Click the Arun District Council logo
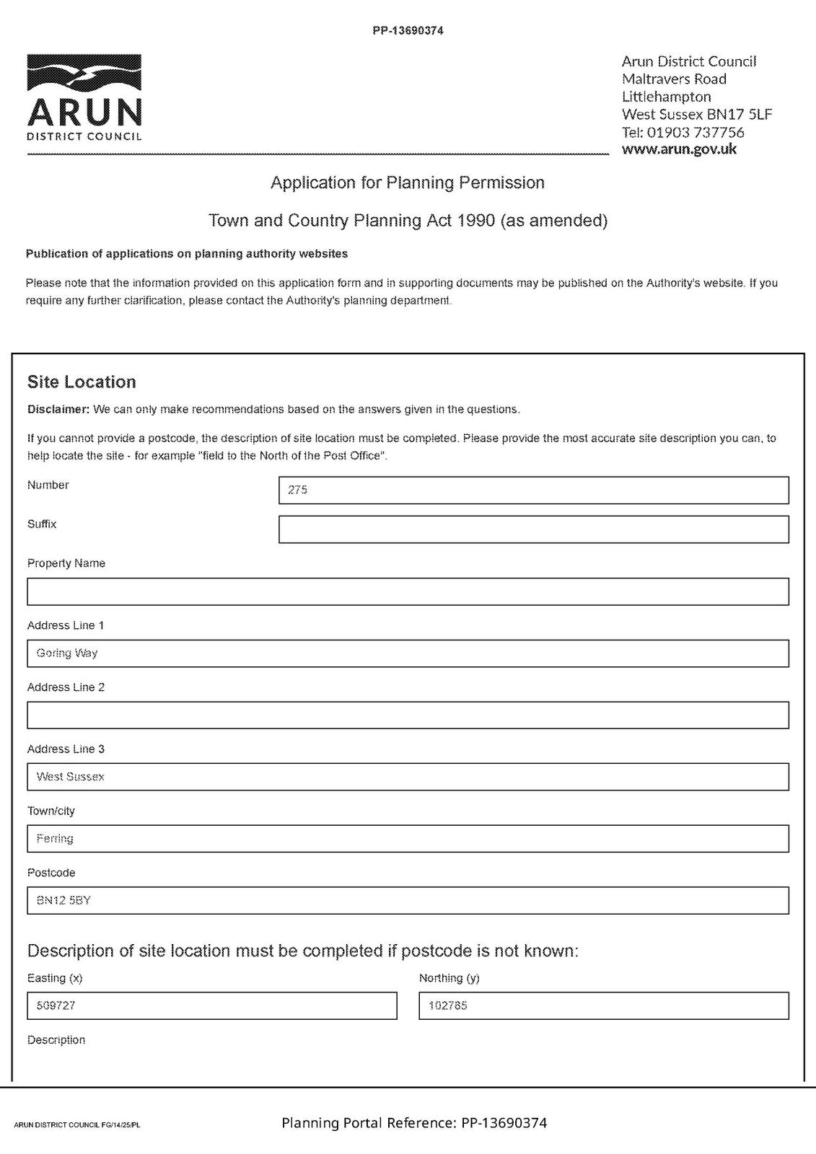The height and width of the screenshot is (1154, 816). pyautogui.click(x=84, y=97)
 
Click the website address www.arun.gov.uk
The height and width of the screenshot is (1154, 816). pyautogui.click(x=679, y=149)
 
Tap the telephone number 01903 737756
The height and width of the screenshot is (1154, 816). pyautogui.click(x=696, y=132)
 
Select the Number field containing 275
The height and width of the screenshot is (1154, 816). pyautogui.click(x=533, y=490)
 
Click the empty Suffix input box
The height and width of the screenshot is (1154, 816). pyautogui.click(x=533, y=529)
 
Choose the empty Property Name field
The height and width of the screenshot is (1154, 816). pyautogui.click(x=408, y=591)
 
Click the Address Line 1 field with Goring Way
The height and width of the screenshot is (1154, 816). pyautogui.click(x=408, y=653)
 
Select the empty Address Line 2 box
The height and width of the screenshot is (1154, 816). pyautogui.click(x=408, y=715)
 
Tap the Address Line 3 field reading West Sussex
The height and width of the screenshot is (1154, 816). pyautogui.click(x=408, y=777)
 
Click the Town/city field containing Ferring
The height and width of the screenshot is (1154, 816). pyautogui.click(x=408, y=839)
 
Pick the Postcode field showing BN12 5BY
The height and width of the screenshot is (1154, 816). pyautogui.click(x=408, y=900)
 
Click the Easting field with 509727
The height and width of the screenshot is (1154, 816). pyautogui.click(x=211, y=1005)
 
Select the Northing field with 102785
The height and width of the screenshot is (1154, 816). pyautogui.click(x=603, y=1005)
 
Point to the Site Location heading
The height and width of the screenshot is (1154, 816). pyautogui.click(x=82, y=382)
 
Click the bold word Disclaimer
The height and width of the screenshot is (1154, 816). pyautogui.click(x=58, y=410)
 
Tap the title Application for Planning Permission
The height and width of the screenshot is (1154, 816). pyautogui.click(x=408, y=182)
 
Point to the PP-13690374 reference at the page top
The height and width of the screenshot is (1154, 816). pyautogui.click(x=408, y=31)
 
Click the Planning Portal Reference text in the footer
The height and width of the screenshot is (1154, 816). pyautogui.click(x=414, y=1123)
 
